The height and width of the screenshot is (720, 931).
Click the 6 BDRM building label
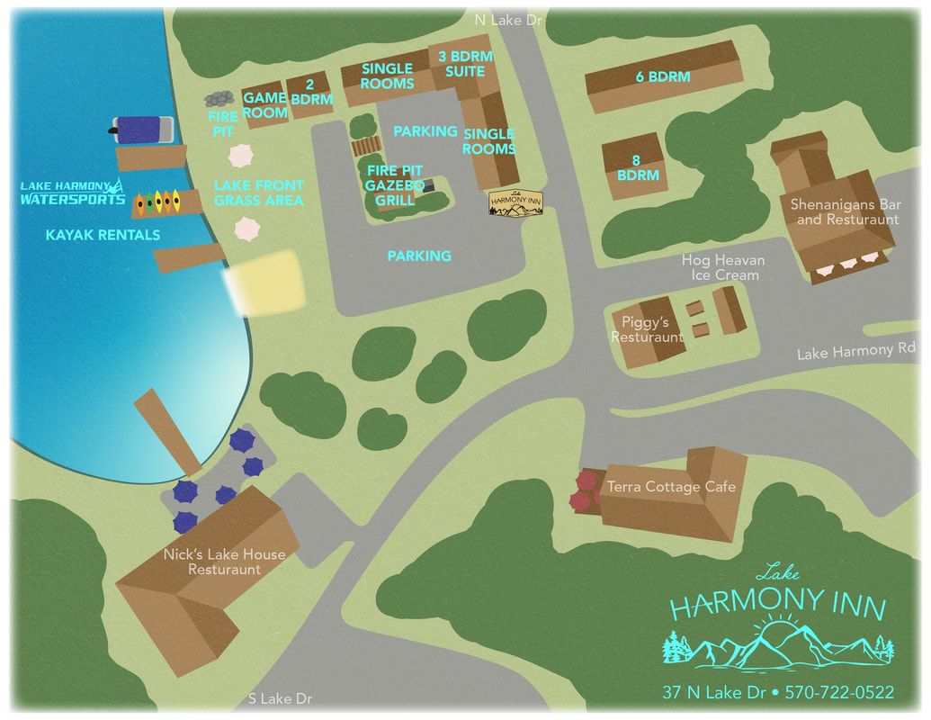[x=663, y=77]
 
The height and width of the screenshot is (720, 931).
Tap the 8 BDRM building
[x=638, y=167]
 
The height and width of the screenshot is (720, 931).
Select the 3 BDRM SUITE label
[x=465, y=63]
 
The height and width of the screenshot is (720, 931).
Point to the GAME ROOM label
[x=265, y=105]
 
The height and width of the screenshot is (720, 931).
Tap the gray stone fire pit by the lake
[x=219, y=98]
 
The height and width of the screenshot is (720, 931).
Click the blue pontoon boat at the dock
[x=144, y=130]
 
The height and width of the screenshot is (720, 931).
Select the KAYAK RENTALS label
[x=103, y=235]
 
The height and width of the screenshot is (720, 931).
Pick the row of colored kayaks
[x=164, y=202]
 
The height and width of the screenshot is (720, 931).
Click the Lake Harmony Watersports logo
[x=74, y=193]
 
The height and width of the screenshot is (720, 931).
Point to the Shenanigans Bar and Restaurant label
[x=845, y=211]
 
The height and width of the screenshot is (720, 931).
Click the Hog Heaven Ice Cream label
[x=723, y=267]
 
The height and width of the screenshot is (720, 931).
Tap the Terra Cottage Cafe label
[x=671, y=487]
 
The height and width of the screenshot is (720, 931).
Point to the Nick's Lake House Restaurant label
[x=224, y=562]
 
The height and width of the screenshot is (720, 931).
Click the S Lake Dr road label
[x=280, y=698]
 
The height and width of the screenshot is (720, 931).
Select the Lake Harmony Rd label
[x=856, y=351]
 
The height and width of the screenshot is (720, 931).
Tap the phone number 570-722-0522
[x=839, y=692]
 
